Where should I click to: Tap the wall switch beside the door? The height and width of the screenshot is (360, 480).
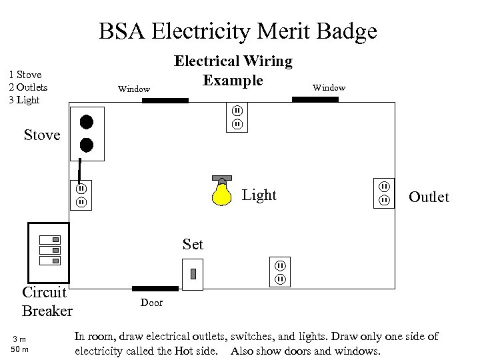click(193, 273)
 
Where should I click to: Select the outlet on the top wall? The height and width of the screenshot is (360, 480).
click(236, 117)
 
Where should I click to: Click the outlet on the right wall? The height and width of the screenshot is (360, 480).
click(385, 193)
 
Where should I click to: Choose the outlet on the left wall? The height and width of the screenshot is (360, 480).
click(81, 195)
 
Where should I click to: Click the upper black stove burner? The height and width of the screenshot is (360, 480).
click(86, 122)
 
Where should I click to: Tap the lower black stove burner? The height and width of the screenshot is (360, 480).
click(86, 145)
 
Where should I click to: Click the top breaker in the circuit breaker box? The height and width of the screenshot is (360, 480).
click(51, 239)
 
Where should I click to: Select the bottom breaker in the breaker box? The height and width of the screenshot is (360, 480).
click(51, 259)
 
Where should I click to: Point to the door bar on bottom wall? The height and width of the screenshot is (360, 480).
click(155, 289)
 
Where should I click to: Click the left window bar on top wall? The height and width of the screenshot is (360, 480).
click(165, 101)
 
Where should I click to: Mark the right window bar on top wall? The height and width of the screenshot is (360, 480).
click(315, 99)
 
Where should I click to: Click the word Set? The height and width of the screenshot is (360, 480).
click(193, 245)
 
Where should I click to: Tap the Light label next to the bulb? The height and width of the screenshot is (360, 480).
click(259, 195)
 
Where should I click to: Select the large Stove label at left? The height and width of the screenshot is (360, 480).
click(42, 135)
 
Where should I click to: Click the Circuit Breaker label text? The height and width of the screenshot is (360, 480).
click(47, 302)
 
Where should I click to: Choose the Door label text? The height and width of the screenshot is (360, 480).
click(151, 303)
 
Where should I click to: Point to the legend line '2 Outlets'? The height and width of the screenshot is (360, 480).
click(28, 87)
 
